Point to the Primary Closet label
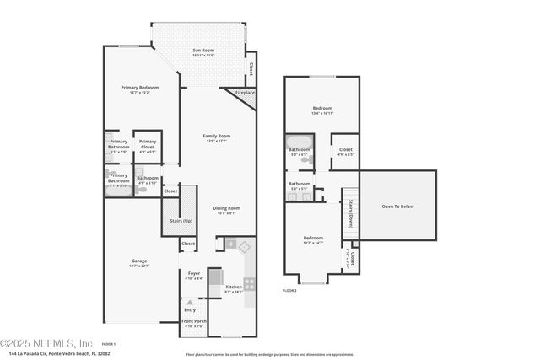pos(148,143)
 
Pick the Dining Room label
pos(226,210)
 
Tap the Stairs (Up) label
pos(181,222)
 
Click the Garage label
pos(138,263)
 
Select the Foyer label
pos(194,276)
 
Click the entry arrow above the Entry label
pos(189,303)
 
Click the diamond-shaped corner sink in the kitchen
pos(245,246)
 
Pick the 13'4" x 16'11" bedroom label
pos(322,110)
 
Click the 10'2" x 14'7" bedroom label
pos(313,240)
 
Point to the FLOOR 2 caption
pos(290,290)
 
